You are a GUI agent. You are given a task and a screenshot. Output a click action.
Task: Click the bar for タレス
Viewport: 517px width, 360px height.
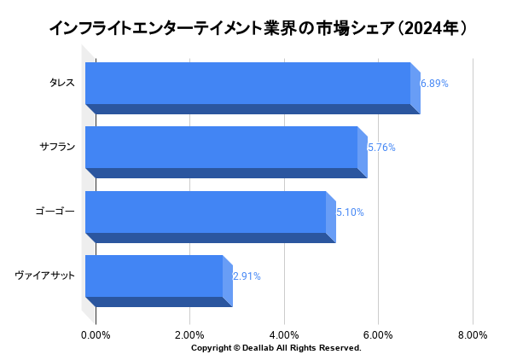click(247, 84)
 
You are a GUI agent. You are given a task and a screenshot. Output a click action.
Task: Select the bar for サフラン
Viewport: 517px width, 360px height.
click(221, 148)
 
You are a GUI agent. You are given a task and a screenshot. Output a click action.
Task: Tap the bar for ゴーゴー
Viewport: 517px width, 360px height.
click(205, 212)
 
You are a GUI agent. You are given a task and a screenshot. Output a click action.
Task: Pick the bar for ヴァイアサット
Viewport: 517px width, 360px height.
click(154, 276)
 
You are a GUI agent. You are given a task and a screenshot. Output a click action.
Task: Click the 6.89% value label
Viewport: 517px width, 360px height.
click(434, 84)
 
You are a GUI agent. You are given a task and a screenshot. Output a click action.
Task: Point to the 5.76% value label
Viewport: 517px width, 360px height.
click(381, 148)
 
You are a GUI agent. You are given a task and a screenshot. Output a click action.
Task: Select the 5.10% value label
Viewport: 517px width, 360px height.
click(350, 212)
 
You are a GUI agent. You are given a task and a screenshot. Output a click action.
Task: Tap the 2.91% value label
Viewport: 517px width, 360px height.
click(247, 276)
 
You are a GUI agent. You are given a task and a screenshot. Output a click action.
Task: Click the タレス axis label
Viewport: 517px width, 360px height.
click(62, 83)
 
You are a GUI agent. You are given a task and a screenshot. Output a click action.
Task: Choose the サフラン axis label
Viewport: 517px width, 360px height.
click(57, 147)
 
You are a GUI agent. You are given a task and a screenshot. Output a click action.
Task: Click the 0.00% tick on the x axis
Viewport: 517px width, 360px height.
click(96, 334)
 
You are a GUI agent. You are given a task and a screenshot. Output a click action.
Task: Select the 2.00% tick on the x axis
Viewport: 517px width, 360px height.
click(189, 334)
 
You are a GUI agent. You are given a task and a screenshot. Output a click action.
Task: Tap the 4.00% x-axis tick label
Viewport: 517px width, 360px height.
click(284, 334)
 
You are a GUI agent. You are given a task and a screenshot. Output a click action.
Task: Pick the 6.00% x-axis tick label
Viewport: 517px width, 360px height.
click(378, 334)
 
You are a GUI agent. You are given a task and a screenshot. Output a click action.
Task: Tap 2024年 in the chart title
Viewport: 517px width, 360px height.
click(433, 29)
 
